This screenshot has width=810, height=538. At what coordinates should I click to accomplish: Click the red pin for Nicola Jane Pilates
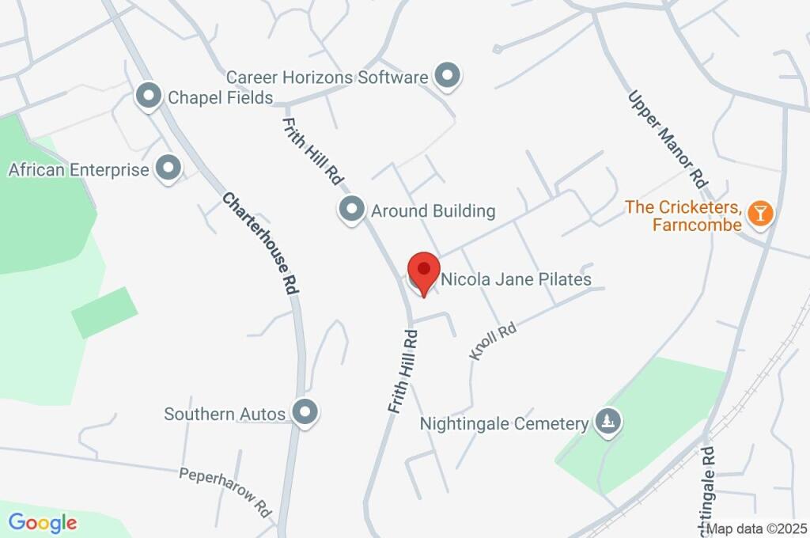coord(424,271)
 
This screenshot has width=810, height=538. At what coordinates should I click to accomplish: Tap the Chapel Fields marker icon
coord(148,97)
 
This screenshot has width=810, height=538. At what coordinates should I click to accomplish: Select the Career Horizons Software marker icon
coord(449,77)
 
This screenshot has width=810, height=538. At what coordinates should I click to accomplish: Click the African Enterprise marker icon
coord(168,169)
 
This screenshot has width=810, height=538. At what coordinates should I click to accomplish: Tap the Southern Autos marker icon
coord(305,412)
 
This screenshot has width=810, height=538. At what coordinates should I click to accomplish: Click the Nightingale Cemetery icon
coord(608,422)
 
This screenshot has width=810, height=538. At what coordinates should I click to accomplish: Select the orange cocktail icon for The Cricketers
coord(760,213)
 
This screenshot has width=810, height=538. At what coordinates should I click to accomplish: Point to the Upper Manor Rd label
coord(666,138)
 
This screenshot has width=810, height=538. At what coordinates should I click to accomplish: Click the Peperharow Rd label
coord(225,491)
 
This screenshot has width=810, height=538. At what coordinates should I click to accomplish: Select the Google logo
coord(43,522)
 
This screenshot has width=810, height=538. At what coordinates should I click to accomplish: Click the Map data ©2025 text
coord(756,529)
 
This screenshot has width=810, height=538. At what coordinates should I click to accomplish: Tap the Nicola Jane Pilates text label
coord(516,279)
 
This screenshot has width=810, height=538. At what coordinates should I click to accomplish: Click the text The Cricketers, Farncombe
coord(684,216)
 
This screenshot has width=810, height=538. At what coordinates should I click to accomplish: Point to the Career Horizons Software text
coord(327,78)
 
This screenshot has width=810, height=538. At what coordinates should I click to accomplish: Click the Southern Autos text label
coord(225,413)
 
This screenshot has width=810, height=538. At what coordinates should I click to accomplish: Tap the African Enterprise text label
coord(78,169)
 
